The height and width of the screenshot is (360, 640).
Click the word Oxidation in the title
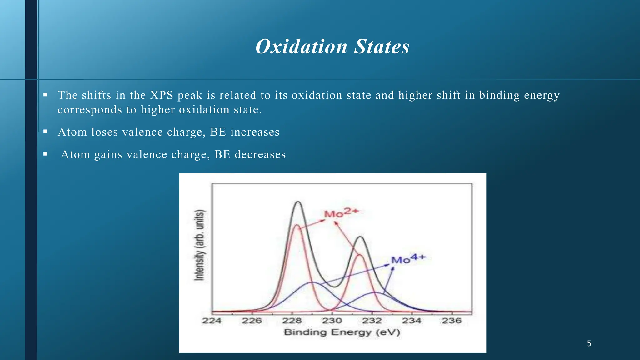[x=301, y=47]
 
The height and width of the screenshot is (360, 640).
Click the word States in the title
[x=382, y=47]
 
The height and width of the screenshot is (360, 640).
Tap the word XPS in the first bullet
[x=162, y=95]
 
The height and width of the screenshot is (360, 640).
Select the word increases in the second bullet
[x=255, y=132]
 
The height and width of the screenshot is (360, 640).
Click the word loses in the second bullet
[x=105, y=132]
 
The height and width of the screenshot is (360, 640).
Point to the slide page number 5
[x=589, y=344]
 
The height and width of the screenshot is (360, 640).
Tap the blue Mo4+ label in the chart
[x=408, y=259]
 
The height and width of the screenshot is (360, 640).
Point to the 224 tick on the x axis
[x=212, y=321]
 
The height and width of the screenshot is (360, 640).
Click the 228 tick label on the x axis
[x=292, y=321]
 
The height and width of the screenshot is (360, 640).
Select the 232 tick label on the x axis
[x=372, y=321]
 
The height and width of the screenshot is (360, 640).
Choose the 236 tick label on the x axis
[x=452, y=321]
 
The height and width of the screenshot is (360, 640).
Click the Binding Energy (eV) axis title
[x=342, y=332]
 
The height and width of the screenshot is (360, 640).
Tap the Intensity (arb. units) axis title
[x=199, y=245]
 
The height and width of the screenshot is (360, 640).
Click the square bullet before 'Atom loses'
[x=45, y=132]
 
